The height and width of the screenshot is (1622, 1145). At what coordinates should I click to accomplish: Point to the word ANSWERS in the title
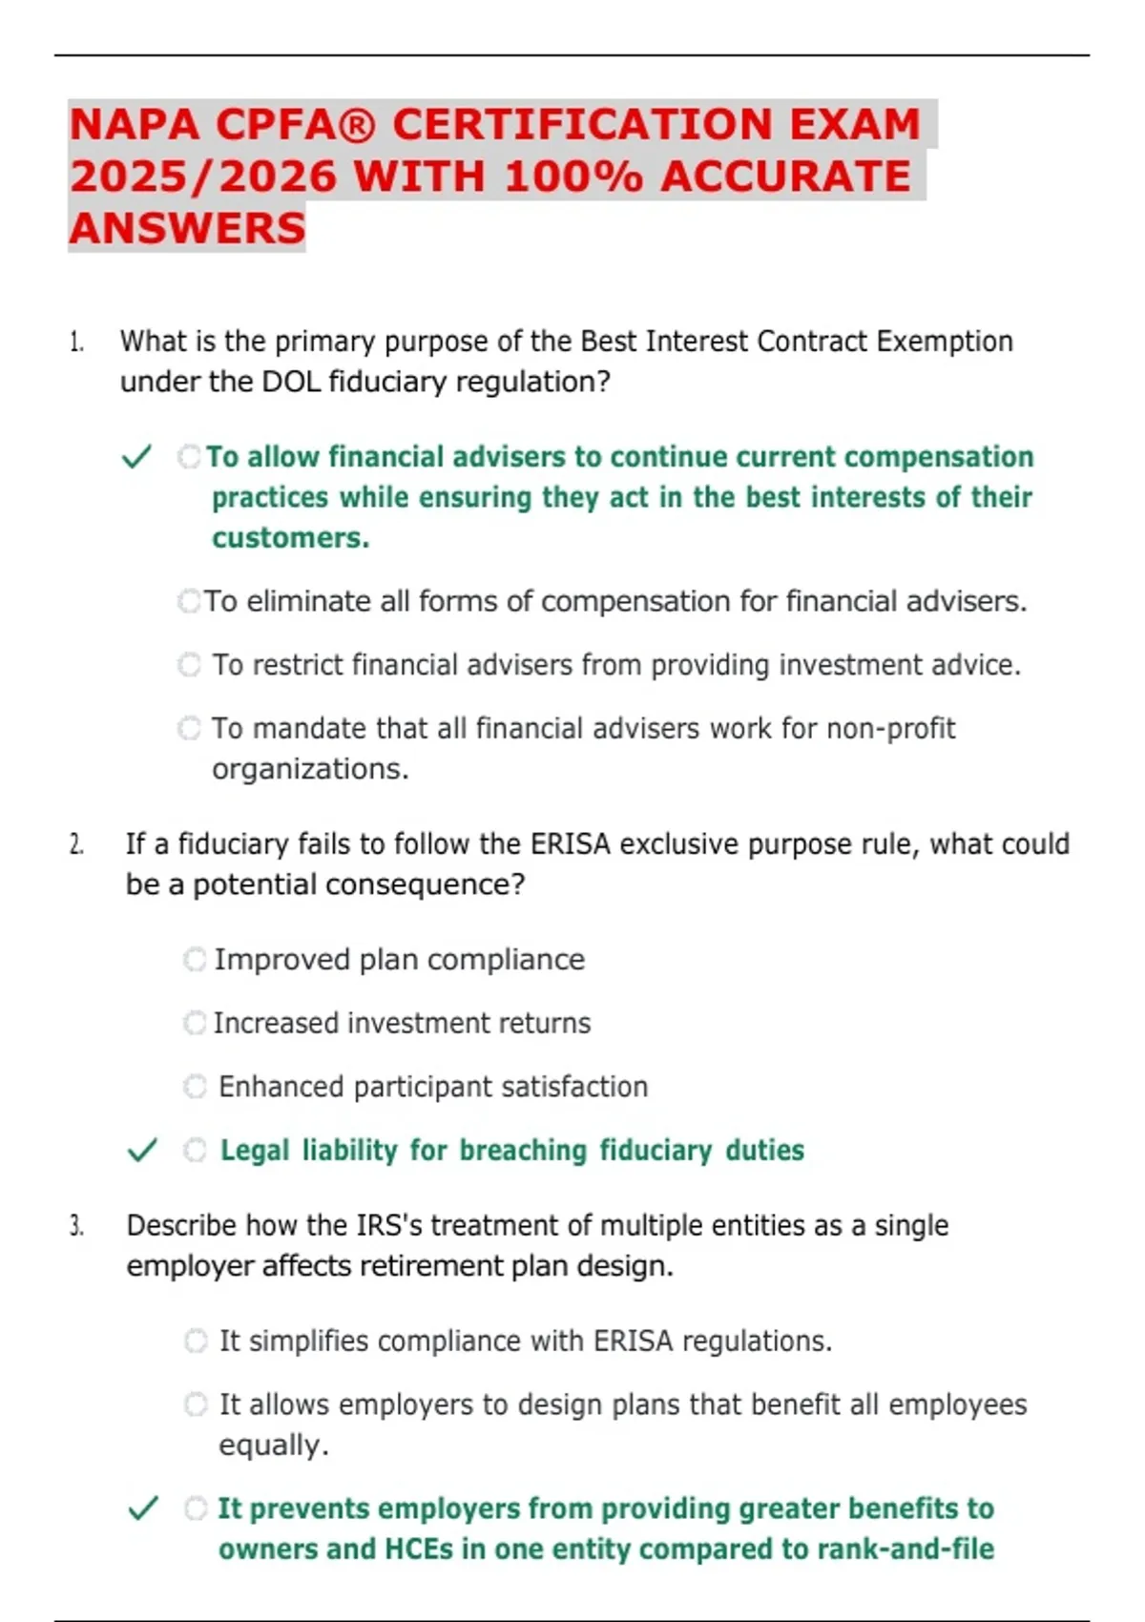(187, 229)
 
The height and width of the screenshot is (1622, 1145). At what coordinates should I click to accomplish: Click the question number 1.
(76, 342)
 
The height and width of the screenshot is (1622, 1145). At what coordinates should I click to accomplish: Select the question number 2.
(76, 844)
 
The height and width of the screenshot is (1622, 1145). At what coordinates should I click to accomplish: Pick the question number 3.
(76, 1226)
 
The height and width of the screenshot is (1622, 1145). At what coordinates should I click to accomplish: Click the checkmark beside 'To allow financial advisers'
(137, 457)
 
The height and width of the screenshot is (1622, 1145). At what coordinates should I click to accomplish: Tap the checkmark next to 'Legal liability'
(142, 1151)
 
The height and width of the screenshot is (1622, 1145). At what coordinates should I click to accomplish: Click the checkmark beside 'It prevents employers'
(143, 1508)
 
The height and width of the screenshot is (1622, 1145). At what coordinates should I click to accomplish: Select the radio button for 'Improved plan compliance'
(195, 960)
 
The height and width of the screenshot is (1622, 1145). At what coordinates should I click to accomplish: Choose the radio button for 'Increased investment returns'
(195, 1023)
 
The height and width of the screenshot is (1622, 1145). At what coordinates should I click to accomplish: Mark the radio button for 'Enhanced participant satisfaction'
(195, 1087)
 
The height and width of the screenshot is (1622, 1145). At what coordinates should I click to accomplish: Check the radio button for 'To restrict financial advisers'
(190, 665)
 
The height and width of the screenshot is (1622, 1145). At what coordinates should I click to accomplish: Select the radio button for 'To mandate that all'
(190, 729)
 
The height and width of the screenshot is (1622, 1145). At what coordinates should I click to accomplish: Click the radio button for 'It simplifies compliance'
(196, 1341)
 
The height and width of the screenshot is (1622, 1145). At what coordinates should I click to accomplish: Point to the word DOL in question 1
(285, 383)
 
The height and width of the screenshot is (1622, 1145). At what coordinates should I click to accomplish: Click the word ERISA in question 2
(570, 844)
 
